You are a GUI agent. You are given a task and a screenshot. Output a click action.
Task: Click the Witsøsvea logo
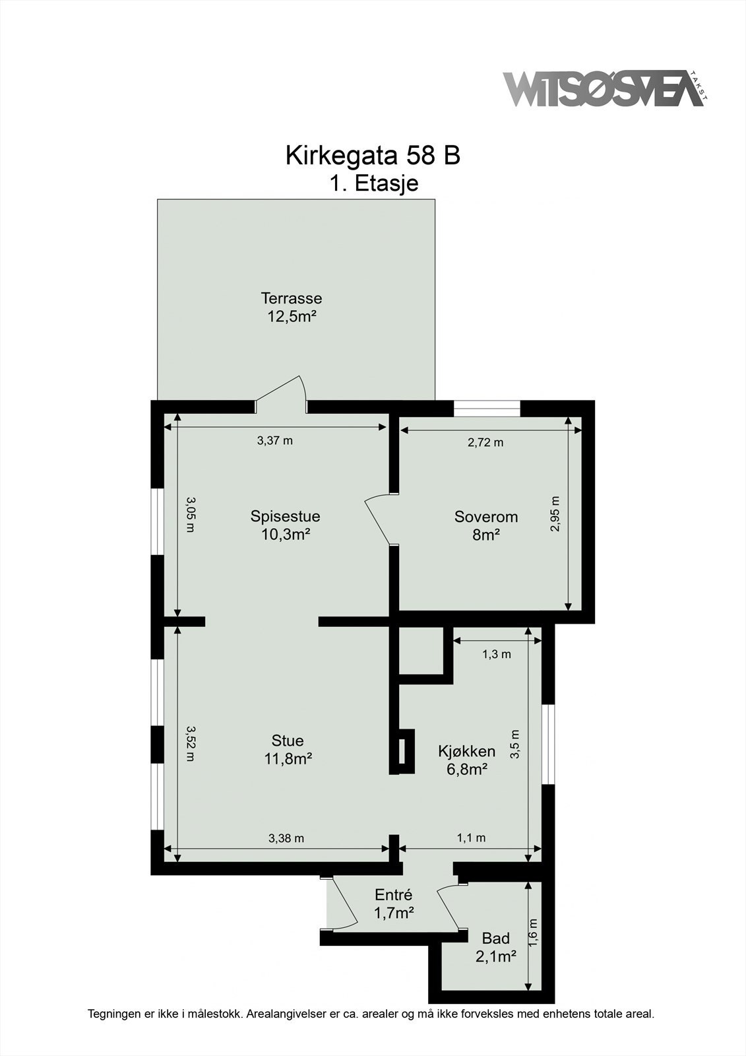coord(604,88)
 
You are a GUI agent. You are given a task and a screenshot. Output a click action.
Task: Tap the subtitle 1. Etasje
coord(374,183)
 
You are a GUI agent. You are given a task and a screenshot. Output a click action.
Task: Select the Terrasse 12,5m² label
coord(291,307)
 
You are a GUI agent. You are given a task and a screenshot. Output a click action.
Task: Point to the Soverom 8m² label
coord(485,525)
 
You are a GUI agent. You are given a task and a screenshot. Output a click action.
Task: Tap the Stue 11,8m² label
coord(288,749)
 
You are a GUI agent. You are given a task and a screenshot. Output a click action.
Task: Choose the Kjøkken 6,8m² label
coord(466,759)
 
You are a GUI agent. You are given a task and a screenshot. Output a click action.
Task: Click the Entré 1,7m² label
coord(393,904)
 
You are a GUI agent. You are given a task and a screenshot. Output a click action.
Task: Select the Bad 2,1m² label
coord(495,946)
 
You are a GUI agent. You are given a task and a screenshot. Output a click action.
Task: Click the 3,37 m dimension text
coord(274,441)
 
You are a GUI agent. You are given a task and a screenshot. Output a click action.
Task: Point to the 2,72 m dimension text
coord(485,442)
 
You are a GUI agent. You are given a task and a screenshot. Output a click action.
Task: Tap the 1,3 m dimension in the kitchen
coord(496,654)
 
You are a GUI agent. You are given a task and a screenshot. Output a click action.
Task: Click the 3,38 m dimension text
coord(286,838)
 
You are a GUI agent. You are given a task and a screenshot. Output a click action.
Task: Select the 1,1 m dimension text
coord(471,838)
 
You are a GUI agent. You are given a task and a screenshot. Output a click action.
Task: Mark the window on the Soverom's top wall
coord(487,409)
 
